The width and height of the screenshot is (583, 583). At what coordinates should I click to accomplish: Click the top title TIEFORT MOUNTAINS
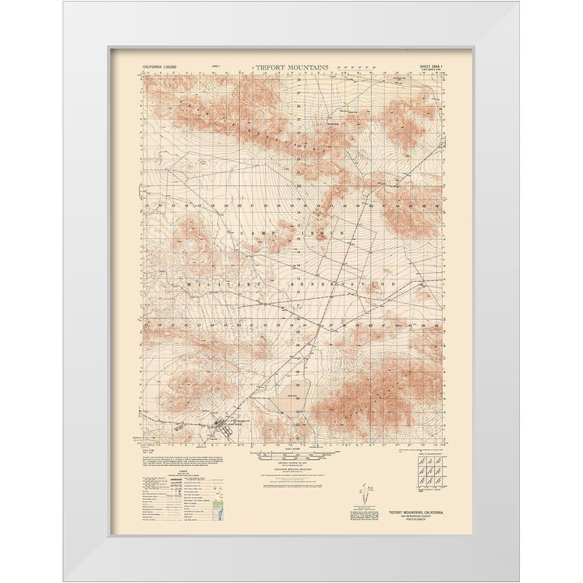[x=291, y=67]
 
